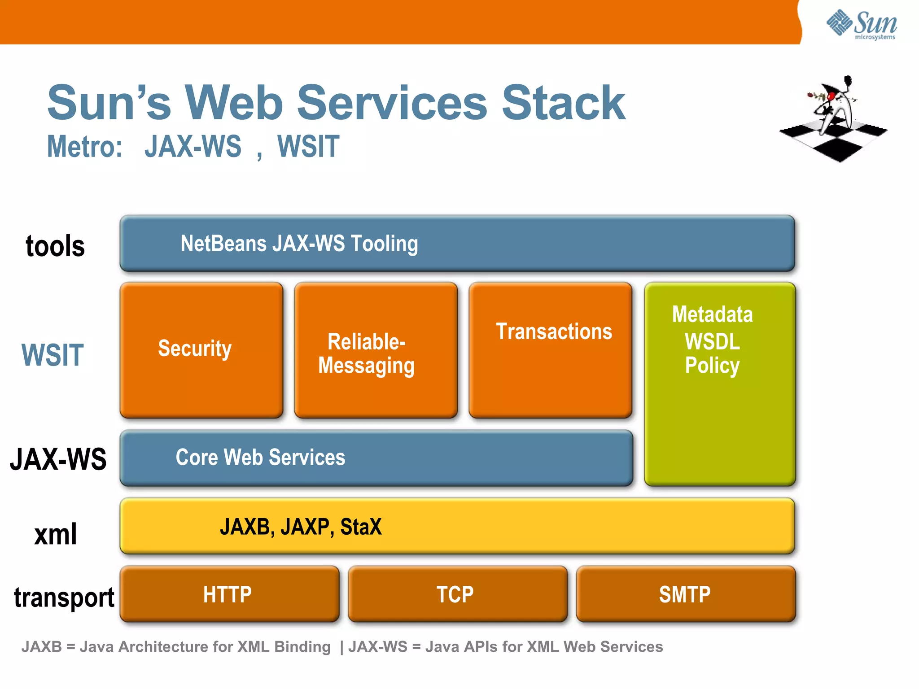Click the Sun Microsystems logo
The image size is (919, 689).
[x=862, y=25]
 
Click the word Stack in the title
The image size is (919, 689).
[x=563, y=103]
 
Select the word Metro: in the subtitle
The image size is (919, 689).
[x=85, y=147]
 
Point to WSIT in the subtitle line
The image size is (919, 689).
[x=308, y=147]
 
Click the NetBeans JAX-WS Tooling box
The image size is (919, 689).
[x=457, y=244]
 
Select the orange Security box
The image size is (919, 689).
[x=201, y=350]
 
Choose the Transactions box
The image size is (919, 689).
[x=550, y=350]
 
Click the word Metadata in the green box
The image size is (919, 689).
[x=712, y=314]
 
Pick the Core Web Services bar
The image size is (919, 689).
[x=376, y=458]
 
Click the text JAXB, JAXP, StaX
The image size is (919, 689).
[x=301, y=527]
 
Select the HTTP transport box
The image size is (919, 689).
[x=229, y=594]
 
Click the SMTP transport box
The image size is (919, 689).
[x=685, y=594]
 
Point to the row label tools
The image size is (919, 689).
[x=55, y=246]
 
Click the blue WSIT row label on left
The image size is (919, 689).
[x=53, y=355]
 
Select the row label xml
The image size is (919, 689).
[x=56, y=534]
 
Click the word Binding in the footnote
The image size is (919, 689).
[x=302, y=647]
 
